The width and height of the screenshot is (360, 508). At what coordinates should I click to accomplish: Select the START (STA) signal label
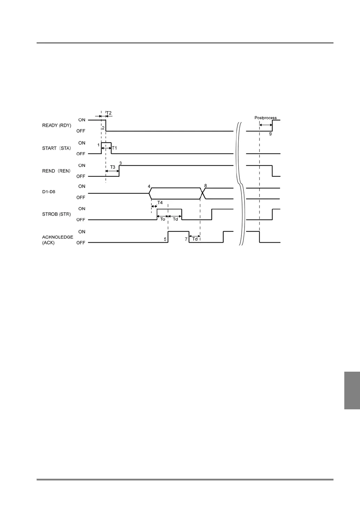click(x=57, y=148)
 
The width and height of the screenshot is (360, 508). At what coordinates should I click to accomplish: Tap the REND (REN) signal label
click(x=56, y=171)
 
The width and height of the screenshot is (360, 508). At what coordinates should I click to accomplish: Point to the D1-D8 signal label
click(x=49, y=191)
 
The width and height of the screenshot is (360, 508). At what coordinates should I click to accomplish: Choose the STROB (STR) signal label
click(x=57, y=214)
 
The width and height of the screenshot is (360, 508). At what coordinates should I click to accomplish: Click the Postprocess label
click(x=265, y=118)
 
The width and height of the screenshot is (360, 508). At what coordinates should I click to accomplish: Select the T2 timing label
click(x=109, y=113)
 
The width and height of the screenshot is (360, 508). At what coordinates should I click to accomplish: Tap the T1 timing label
click(x=114, y=148)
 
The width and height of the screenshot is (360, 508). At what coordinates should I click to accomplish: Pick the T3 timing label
click(x=112, y=167)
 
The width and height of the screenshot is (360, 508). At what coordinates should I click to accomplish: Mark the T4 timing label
click(x=160, y=203)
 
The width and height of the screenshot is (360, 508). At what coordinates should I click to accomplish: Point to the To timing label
click(x=163, y=219)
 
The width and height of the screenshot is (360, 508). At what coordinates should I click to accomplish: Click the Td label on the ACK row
click(x=195, y=239)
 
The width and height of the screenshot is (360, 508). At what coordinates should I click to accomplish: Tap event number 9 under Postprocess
click(x=270, y=134)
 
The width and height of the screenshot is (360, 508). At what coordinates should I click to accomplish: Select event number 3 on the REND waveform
click(x=120, y=163)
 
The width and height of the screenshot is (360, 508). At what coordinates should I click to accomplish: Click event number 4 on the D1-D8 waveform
click(x=149, y=186)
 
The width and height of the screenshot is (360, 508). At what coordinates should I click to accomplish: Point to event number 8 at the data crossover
click(x=205, y=186)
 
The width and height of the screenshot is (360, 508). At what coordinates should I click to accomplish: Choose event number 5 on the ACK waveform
click(x=165, y=239)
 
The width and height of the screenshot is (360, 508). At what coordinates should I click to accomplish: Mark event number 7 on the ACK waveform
click(x=186, y=239)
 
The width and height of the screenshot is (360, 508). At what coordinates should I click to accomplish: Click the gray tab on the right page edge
click(x=352, y=390)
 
